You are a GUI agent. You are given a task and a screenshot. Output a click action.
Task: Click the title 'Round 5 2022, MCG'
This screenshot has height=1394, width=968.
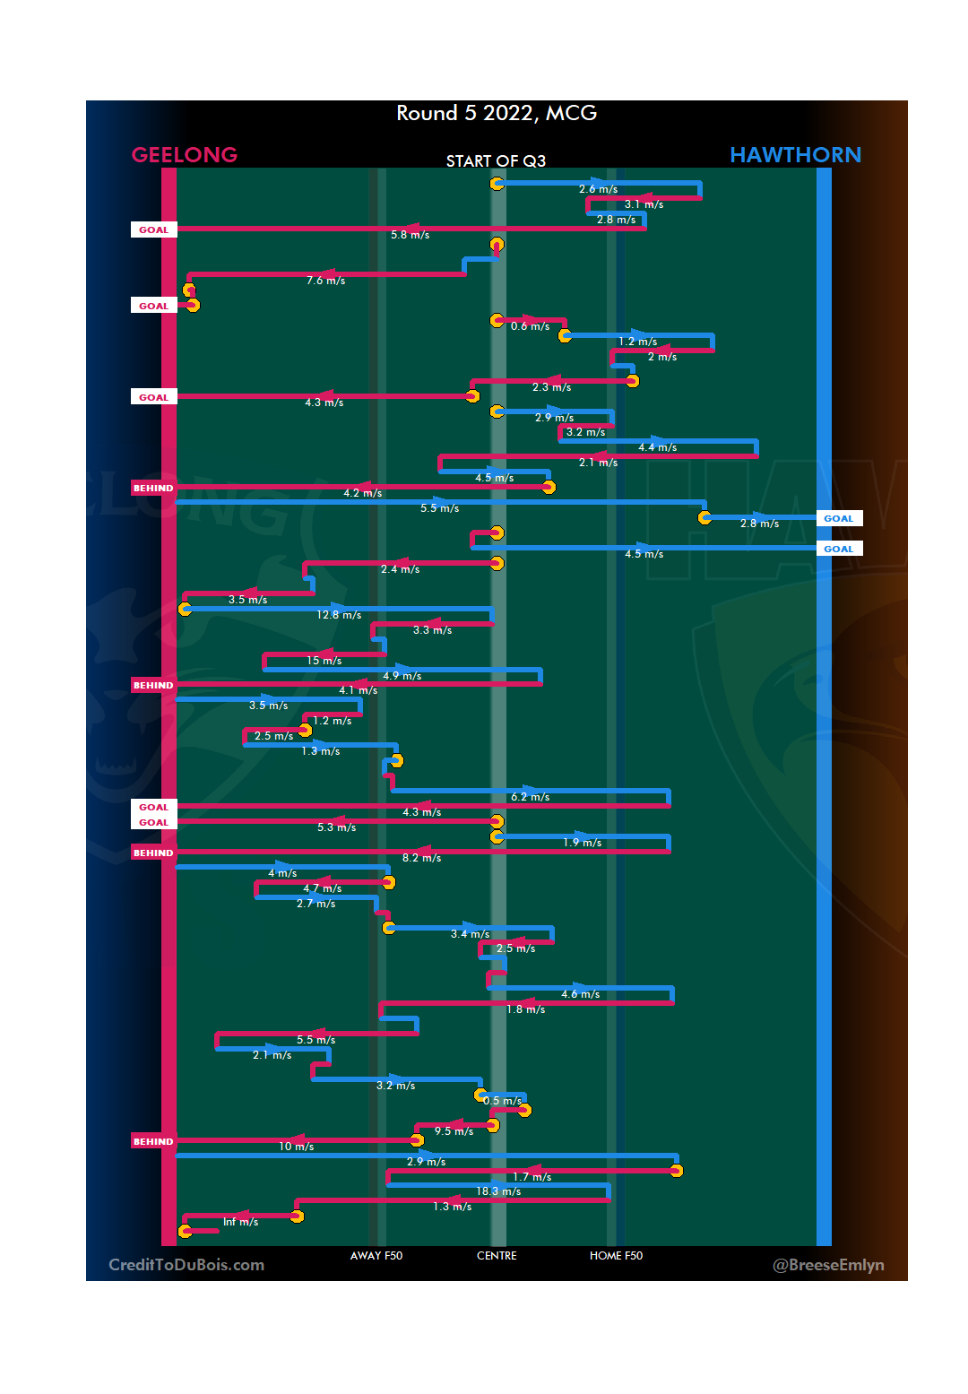tap(497, 113)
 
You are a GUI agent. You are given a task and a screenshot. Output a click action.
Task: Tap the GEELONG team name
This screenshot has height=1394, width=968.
tap(185, 155)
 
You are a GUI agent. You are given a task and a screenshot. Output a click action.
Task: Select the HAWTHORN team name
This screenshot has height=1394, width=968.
tap(795, 155)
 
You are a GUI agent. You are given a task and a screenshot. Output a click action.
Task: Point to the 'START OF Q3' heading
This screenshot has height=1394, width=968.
tap(496, 161)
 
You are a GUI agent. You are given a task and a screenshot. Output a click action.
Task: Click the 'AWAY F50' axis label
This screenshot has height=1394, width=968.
tap(376, 1256)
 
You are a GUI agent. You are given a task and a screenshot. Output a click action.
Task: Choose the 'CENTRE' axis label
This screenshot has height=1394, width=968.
tap(497, 1256)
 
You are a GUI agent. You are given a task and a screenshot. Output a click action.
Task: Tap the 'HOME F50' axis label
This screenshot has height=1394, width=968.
tap(616, 1256)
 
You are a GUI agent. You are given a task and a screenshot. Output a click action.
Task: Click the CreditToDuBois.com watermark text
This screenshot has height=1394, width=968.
tap(186, 1265)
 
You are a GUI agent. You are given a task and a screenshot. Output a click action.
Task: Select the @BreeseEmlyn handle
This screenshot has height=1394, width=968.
tap(828, 1265)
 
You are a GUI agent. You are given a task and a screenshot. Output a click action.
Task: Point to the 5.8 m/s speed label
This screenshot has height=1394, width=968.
tap(410, 235)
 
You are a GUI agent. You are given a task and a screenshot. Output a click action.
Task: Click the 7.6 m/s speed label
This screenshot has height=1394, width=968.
tap(325, 281)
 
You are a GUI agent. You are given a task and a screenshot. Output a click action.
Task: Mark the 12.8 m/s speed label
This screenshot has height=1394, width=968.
tap(339, 615)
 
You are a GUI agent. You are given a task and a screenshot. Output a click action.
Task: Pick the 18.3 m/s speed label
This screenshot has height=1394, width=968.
tap(498, 1191)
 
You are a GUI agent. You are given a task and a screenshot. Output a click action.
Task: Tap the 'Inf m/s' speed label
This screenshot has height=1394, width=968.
tap(240, 1222)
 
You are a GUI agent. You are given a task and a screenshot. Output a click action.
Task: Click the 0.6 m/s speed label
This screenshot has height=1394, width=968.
tap(530, 326)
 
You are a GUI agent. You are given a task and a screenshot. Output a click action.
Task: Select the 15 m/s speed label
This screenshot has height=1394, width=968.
tap(324, 661)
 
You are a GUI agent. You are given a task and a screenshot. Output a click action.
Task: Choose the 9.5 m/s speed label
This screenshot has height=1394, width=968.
tap(454, 1131)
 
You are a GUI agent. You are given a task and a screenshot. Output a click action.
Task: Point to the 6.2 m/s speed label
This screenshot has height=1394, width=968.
tap(530, 797)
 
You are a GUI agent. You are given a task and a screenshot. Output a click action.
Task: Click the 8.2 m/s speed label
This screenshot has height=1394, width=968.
tap(421, 858)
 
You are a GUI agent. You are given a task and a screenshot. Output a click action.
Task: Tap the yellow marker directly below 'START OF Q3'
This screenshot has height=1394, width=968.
tap(497, 184)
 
